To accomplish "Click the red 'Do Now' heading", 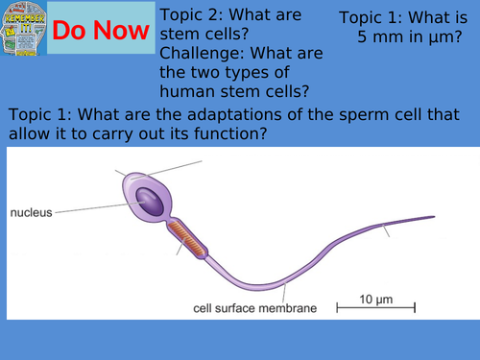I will click(x=101, y=31).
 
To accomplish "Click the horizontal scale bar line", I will click(x=375, y=308).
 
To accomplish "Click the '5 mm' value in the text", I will click(x=378, y=37).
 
